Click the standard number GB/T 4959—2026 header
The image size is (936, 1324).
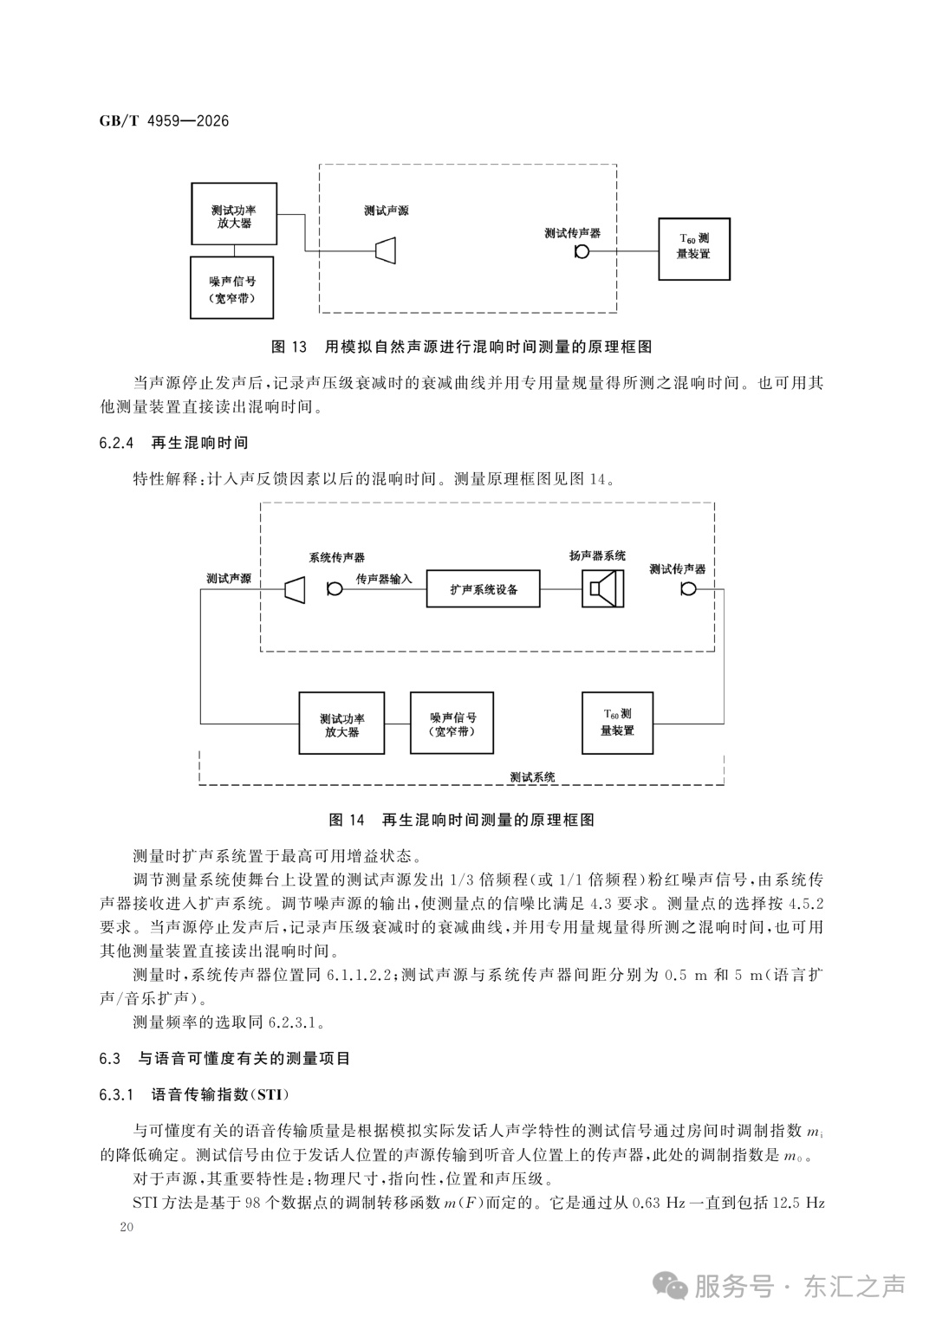click(164, 121)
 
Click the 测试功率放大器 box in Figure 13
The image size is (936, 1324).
click(234, 213)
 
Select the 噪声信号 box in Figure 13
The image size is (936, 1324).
click(231, 288)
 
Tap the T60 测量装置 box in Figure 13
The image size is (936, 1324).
click(694, 249)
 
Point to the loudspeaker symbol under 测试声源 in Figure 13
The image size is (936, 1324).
click(386, 250)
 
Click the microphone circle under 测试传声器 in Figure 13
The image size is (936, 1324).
click(582, 252)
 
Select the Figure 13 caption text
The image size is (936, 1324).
click(462, 347)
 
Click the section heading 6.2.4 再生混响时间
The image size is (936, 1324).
click(174, 443)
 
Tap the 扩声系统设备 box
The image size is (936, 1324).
click(483, 588)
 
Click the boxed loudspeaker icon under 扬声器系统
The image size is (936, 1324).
click(602, 588)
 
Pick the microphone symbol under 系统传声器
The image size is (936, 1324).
click(335, 589)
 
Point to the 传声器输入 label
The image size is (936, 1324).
click(384, 579)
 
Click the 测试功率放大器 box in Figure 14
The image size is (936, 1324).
click(341, 723)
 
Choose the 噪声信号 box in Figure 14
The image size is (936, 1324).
click(452, 723)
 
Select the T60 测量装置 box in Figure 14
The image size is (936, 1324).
click(617, 723)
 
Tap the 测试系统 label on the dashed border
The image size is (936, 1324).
click(533, 776)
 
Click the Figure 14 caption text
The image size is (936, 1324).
click(462, 820)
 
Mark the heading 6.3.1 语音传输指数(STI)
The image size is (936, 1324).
click(194, 1094)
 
